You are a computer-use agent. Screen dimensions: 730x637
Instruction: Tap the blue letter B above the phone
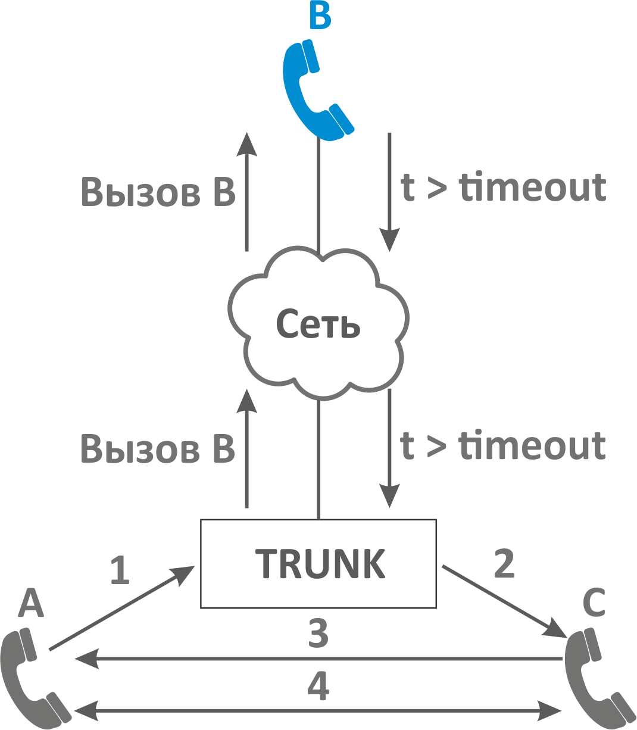(320, 15)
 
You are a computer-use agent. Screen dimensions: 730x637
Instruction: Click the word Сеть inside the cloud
(318, 324)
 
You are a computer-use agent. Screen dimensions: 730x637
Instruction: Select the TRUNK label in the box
(320, 563)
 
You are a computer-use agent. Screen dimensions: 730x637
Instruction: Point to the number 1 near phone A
(120, 570)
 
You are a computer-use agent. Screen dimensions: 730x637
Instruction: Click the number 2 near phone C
(504, 563)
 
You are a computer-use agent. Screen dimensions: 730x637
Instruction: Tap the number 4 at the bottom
(318, 686)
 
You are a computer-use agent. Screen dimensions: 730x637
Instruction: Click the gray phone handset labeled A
(30, 679)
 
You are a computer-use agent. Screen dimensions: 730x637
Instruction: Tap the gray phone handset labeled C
(595, 679)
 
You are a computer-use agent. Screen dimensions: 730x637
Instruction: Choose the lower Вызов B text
(158, 450)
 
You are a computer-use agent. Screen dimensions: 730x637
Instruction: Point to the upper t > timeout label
(504, 188)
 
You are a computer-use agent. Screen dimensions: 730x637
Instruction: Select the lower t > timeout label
(504, 447)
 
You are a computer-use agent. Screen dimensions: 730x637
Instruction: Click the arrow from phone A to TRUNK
(119, 610)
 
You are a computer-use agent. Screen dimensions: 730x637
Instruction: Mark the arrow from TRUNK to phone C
(500, 598)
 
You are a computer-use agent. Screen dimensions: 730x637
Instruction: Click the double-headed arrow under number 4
(318, 710)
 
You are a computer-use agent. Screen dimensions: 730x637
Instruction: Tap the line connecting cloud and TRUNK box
(318, 458)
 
